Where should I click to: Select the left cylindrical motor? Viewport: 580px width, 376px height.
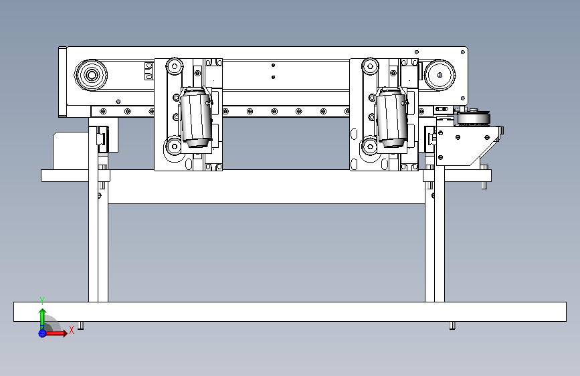click(197, 118)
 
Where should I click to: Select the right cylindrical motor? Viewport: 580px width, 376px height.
click(391, 118)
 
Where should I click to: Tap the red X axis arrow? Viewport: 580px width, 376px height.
click(58, 333)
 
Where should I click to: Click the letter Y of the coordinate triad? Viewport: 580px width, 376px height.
click(42, 300)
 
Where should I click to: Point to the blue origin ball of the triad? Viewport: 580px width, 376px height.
click(42, 333)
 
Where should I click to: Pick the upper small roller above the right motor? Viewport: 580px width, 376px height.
click(369, 66)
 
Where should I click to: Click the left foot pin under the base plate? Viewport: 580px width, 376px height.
click(81, 326)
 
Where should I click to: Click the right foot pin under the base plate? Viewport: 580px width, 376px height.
click(452, 326)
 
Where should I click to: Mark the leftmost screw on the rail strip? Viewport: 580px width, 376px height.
click(103, 111)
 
